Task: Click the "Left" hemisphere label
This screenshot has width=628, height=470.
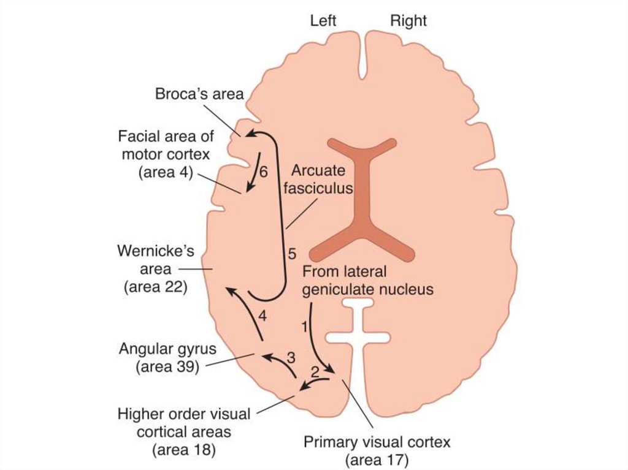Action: (324, 20)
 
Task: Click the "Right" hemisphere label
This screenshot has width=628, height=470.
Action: (408, 20)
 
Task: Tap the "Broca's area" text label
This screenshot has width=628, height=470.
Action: (199, 94)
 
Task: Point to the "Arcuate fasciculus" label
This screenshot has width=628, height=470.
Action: (323, 178)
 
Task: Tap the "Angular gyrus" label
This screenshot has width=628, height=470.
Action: (167, 349)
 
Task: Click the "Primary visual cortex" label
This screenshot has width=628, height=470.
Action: (377, 442)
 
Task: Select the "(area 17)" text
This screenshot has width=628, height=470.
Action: (377, 459)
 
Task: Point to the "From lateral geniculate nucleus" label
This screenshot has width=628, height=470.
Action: (367, 280)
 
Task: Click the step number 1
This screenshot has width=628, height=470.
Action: (303, 327)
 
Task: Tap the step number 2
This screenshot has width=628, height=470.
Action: (315, 371)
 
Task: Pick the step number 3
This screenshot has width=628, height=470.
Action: (291, 357)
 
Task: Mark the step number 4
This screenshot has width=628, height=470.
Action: (262, 316)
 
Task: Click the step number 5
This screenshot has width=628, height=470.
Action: (292, 252)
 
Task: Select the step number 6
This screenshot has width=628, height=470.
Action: (263, 172)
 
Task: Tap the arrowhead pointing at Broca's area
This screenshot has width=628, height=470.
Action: (250, 134)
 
